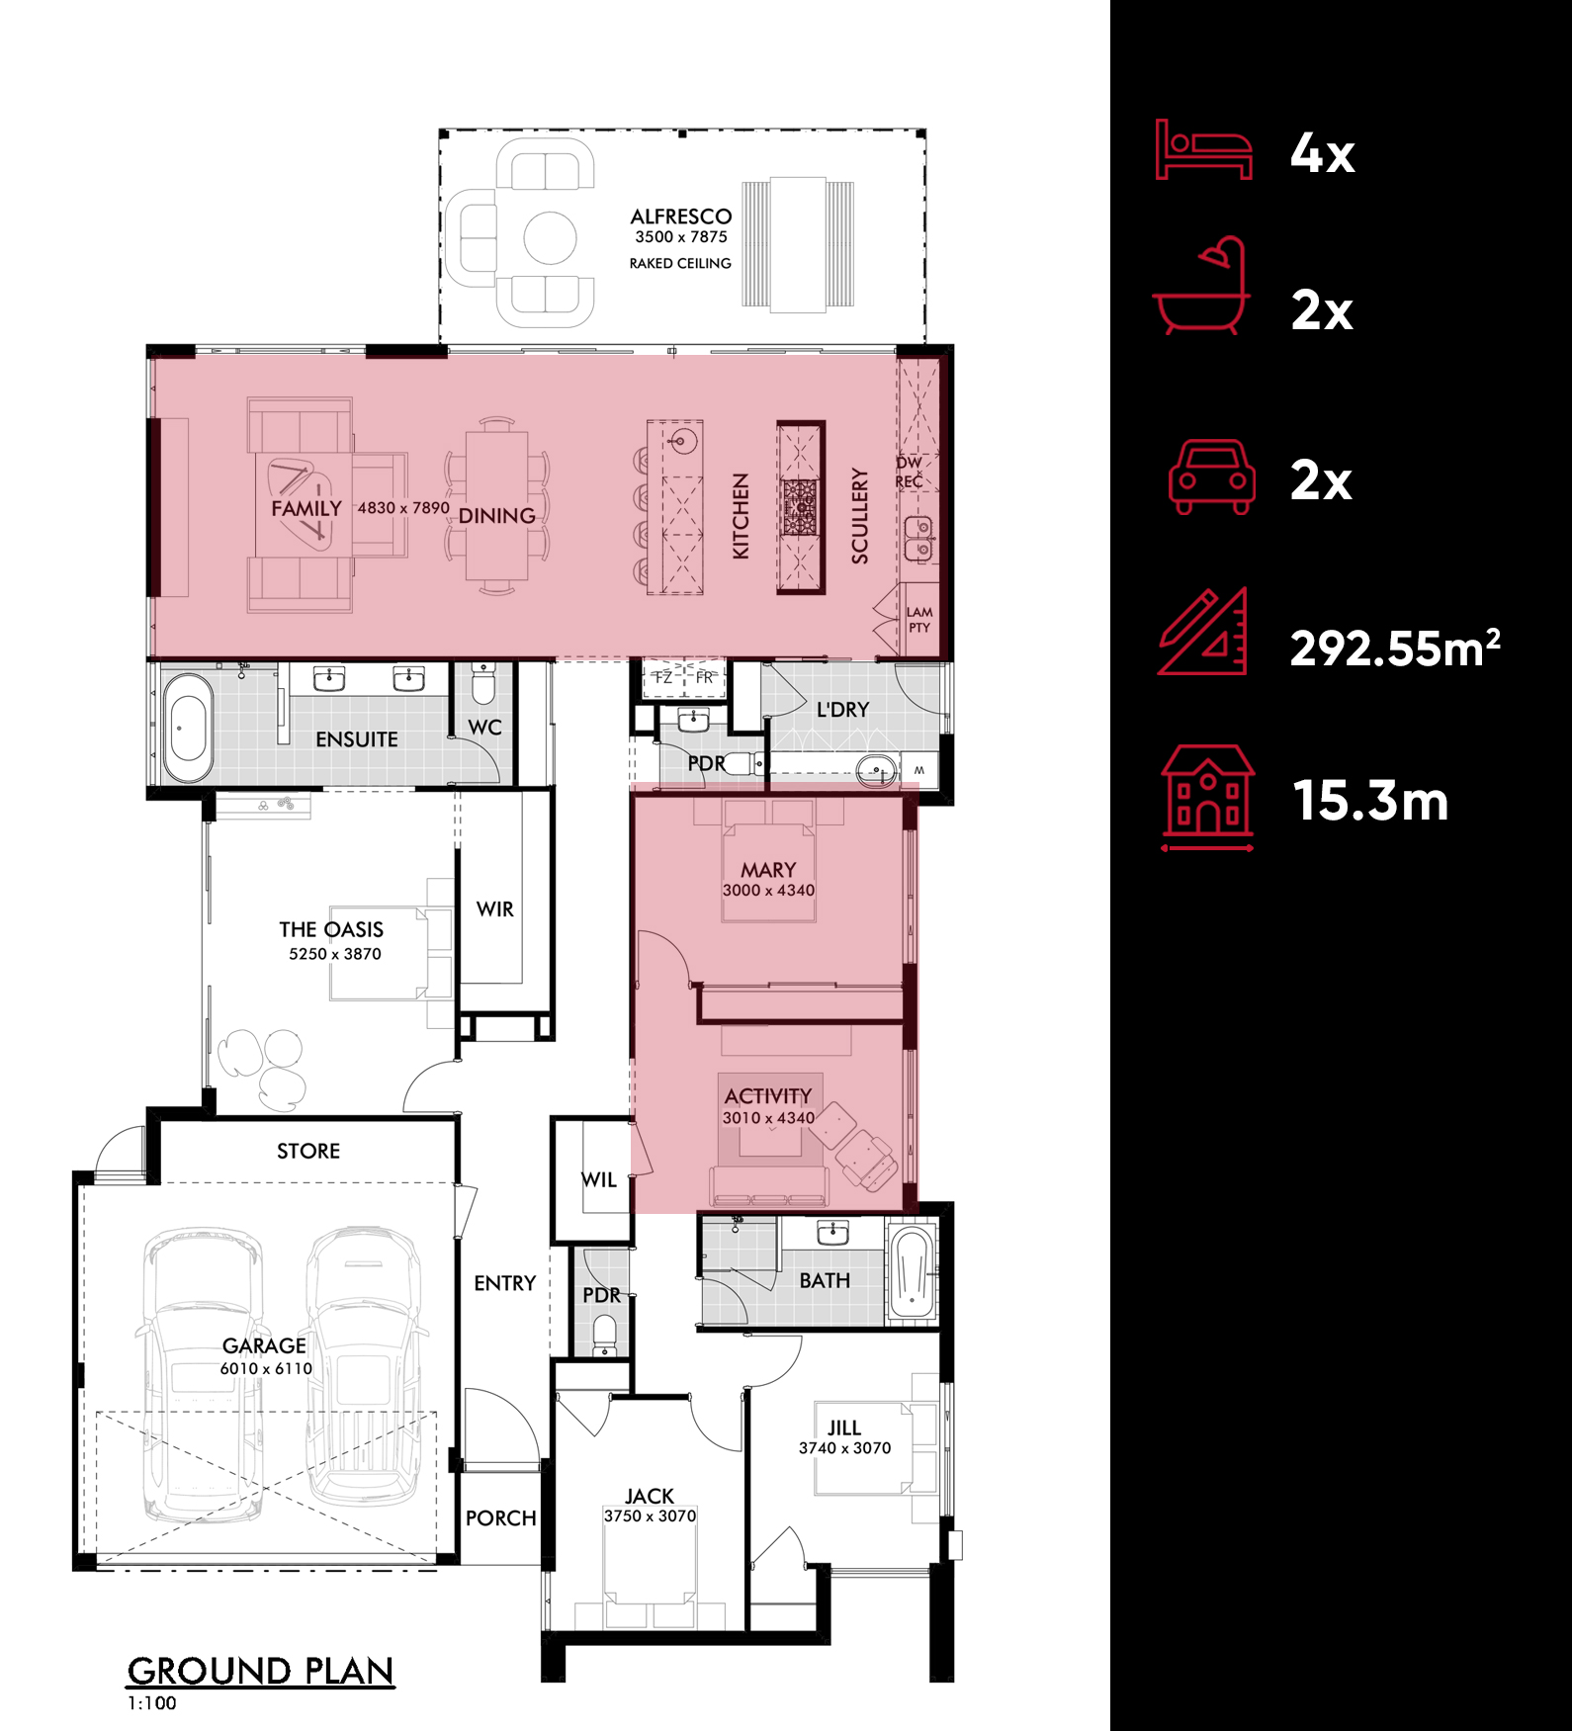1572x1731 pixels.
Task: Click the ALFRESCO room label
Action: coord(681,216)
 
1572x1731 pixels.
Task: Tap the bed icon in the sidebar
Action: coord(1204,149)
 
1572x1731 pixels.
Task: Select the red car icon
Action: coord(1212,477)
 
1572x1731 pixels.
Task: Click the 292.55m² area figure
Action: coord(1395,648)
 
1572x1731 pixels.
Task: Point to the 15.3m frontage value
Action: coord(1370,801)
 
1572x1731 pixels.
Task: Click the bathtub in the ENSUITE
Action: coord(187,728)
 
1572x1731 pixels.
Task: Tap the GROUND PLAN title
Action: coord(261,1671)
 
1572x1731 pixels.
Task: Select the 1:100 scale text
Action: coord(152,1703)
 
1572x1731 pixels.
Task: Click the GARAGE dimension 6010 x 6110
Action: coord(266,1368)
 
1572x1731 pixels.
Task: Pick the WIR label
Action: coord(495,909)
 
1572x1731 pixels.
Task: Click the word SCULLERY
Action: coord(860,516)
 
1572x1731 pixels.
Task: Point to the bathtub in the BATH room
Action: coord(912,1272)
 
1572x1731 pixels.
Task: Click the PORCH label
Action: coord(501,1518)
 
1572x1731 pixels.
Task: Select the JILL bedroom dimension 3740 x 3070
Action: coord(844,1448)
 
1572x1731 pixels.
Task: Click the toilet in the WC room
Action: coord(482,682)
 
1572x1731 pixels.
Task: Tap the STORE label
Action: coord(308,1151)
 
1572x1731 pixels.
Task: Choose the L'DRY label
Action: coord(843,710)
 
